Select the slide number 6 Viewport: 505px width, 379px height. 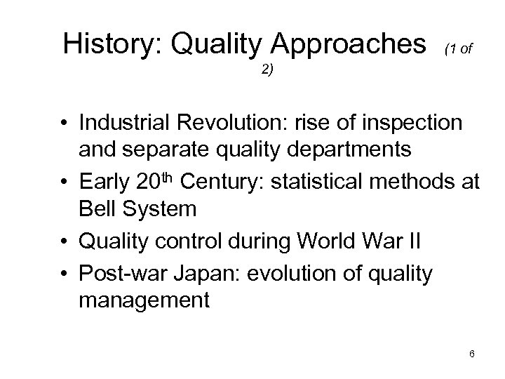coord(472,354)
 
